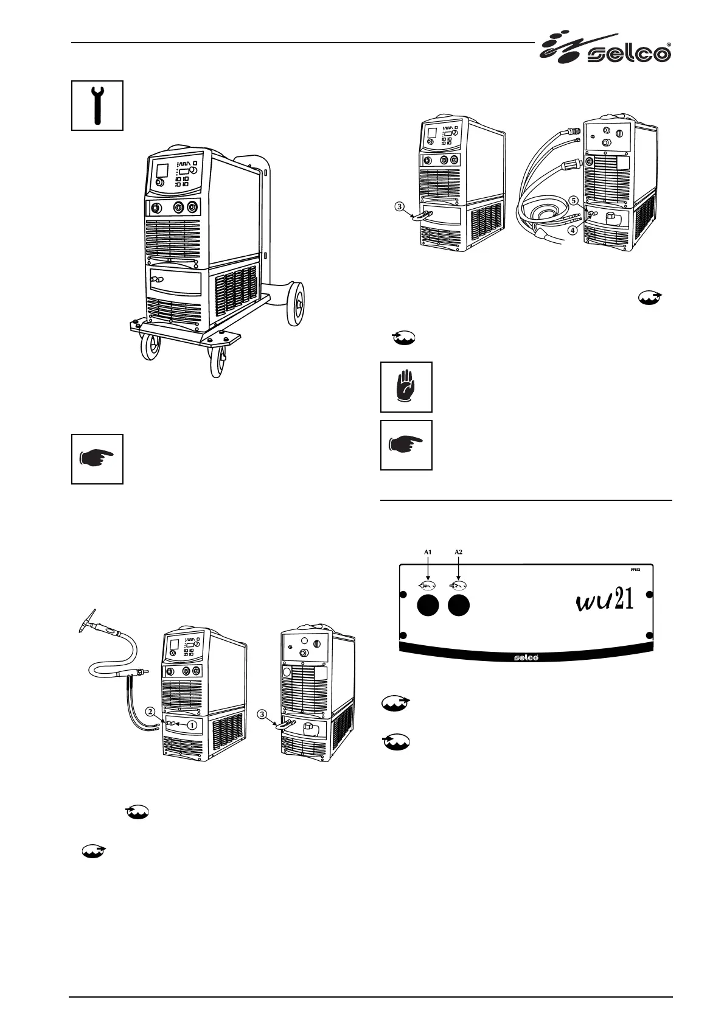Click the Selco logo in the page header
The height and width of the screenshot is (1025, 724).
[605, 49]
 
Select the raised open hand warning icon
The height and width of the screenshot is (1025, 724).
[406, 387]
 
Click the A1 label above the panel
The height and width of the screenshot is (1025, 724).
[428, 551]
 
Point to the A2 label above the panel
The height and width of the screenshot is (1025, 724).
[459, 551]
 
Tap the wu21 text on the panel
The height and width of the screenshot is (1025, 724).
[604, 601]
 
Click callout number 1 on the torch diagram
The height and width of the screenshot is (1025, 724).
[192, 725]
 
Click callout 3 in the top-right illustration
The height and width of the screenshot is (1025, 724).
[399, 206]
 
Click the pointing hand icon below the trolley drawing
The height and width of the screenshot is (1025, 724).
[97, 459]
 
